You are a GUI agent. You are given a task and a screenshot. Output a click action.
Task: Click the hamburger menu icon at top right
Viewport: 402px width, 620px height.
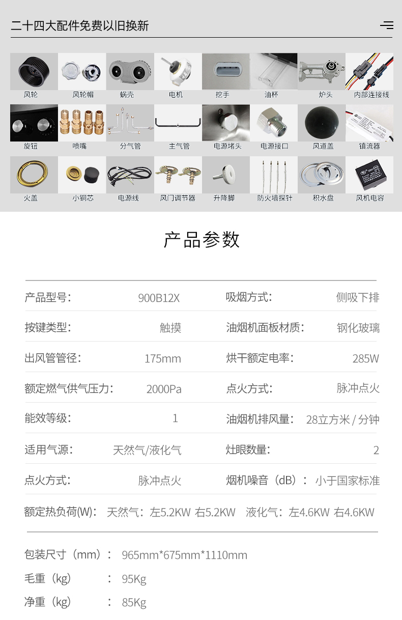point(387,25)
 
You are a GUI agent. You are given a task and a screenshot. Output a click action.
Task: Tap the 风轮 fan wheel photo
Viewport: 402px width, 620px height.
point(34,71)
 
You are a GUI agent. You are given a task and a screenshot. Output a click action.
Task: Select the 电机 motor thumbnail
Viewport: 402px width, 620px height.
point(178,71)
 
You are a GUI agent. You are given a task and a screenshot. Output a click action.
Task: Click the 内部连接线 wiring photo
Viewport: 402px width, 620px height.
point(369,71)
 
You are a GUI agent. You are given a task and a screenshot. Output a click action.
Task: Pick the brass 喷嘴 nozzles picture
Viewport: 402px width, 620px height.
point(82,123)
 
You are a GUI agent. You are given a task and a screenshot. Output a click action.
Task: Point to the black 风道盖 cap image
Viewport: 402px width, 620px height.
point(322,123)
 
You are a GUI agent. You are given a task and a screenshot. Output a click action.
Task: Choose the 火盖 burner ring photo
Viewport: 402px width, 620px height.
point(34,174)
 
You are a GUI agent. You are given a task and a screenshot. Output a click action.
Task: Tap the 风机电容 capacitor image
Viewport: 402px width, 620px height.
point(369,174)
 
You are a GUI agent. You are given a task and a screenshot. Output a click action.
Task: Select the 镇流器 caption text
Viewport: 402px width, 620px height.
point(369,146)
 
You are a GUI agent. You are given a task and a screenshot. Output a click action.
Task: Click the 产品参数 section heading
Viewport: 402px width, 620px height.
point(201,240)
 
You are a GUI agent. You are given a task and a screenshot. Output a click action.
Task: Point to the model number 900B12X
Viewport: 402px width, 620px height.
point(159,298)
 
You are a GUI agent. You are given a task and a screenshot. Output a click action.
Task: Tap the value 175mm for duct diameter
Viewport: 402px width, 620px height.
point(163,358)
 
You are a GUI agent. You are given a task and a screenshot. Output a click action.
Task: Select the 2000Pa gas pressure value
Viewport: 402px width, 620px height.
point(164,389)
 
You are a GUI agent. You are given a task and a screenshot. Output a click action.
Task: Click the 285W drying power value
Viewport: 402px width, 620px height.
point(366,358)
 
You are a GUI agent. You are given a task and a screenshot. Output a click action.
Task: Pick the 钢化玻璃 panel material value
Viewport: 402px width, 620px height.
point(358,328)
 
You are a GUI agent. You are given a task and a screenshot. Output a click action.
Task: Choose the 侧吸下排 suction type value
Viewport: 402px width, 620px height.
point(358,298)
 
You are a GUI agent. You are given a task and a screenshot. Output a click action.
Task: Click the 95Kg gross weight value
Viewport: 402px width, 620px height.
point(134,579)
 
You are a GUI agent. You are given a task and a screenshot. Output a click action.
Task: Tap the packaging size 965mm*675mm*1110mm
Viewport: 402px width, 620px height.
point(185,555)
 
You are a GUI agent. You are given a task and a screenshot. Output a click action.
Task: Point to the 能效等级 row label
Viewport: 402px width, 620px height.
point(48,418)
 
